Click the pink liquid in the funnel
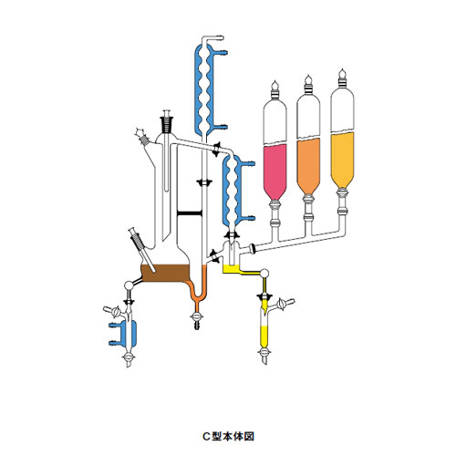pyautogui.click(x=275, y=171)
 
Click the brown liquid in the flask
pyautogui.click(x=166, y=273)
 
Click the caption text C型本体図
pyautogui.click(x=228, y=437)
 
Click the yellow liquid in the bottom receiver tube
pyautogui.click(x=264, y=337)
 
